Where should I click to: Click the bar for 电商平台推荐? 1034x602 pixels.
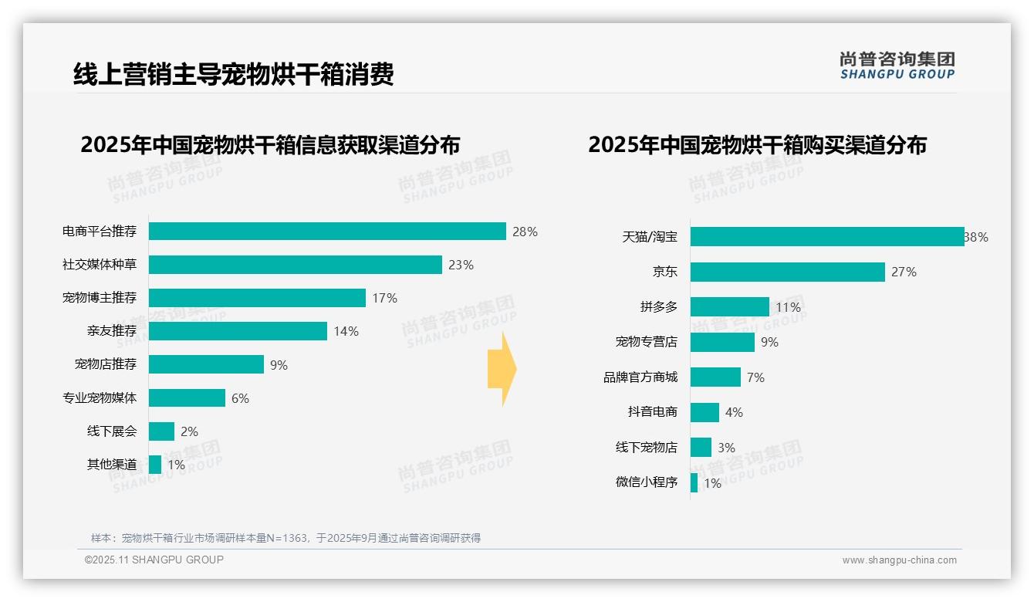tap(327, 232)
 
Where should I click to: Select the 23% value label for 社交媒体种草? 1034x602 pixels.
tap(461, 265)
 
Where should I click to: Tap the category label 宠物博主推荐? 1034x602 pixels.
tap(100, 298)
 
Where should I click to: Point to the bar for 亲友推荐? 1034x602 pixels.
tap(238, 331)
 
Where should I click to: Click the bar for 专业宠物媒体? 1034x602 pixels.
tap(187, 398)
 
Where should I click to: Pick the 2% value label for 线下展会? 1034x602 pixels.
tap(189, 431)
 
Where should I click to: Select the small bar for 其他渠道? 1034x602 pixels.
tap(155, 465)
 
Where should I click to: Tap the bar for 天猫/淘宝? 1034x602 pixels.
tap(826, 237)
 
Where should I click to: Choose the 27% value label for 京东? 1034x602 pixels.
tap(904, 272)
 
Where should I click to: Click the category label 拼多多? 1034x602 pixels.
tap(658, 307)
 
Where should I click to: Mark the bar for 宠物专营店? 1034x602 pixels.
tap(722, 342)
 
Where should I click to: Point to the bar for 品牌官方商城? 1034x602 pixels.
tap(715, 377)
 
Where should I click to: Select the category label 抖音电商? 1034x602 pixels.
tap(652, 412)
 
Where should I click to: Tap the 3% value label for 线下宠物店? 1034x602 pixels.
tap(726, 448)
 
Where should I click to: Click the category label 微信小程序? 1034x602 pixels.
tap(646, 482)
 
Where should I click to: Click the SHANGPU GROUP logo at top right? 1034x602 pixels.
tap(897, 66)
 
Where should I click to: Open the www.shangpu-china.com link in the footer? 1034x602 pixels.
tap(899, 560)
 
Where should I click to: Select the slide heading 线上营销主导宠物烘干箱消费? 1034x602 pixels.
tap(233, 74)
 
